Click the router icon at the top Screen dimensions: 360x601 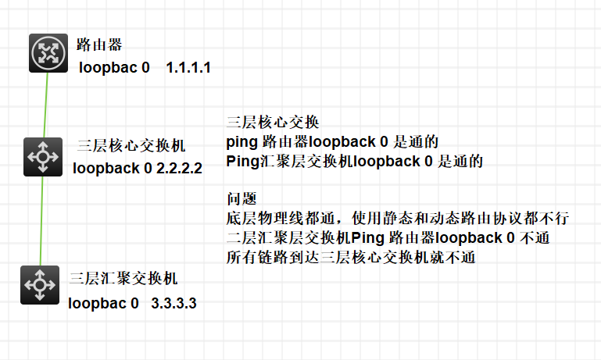coord(48,53)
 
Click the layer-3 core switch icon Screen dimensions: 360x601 coord(42,156)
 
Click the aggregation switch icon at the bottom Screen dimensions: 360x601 coord(39,284)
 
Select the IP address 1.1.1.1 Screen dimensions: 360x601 coord(188,69)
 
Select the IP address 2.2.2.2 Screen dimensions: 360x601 coord(179,168)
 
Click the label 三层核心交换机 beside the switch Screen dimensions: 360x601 coord(132,146)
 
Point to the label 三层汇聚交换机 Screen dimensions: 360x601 coord(123,278)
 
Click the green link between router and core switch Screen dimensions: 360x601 coord(46,105)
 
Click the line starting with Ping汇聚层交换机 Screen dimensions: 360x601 coord(355,162)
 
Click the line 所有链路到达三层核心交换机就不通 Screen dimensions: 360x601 coord(350,257)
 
